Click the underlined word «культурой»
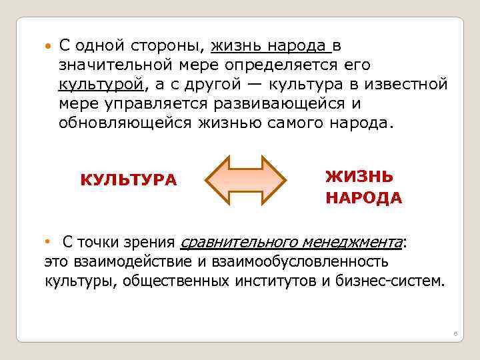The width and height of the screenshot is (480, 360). (x=101, y=85)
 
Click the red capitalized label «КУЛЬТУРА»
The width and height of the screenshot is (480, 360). (x=129, y=180)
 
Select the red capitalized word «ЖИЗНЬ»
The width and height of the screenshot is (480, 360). (x=359, y=177)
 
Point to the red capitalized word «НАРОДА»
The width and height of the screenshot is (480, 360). (x=363, y=198)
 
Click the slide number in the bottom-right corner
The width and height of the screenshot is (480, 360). (x=453, y=332)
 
